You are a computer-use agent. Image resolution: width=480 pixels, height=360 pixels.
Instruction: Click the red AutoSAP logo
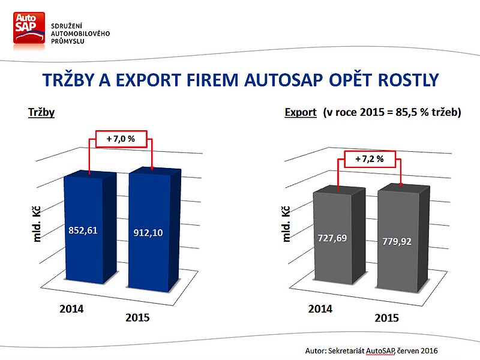pyautogui.click(x=29, y=28)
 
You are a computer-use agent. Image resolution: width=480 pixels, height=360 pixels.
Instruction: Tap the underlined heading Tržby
pyautogui.click(x=41, y=113)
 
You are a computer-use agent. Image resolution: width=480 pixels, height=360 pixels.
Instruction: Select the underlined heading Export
pyautogui.click(x=301, y=113)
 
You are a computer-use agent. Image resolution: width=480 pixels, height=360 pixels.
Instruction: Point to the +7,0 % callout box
pyautogui.click(x=121, y=139)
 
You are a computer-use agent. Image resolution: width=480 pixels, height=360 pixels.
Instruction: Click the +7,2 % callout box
pyautogui.click(x=370, y=159)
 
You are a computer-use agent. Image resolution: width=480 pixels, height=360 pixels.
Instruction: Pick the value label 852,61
pyautogui.click(x=83, y=230)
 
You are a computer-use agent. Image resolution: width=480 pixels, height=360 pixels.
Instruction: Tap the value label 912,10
pyautogui.click(x=148, y=233)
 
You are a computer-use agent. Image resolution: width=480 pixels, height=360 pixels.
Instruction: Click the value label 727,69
pyautogui.click(x=332, y=238)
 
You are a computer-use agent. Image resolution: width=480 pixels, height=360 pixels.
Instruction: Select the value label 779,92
pyautogui.click(x=397, y=242)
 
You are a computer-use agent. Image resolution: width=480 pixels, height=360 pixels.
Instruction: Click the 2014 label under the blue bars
pyautogui.click(x=71, y=309)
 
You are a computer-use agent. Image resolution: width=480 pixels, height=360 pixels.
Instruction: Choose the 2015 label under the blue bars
pyautogui.click(x=138, y=317)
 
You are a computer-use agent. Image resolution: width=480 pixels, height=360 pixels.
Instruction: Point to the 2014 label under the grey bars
pyautogui.click(x=320, y=309)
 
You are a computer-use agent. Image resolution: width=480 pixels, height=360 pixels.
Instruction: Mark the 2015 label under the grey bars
pyautogui.click(x=387, y=318)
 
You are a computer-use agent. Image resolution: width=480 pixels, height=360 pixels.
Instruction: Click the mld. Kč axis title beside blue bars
pyautogui.click(x=37, y=224)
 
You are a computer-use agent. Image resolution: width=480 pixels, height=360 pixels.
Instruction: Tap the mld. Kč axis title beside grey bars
pyautogui.click(x=286, y=224)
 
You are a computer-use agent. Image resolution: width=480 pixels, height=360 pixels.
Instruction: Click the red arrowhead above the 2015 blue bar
pyautogui.click(x=152, y=168)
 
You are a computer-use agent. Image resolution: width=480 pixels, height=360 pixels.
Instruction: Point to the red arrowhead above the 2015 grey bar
pyautogui.click(x=401, y=184)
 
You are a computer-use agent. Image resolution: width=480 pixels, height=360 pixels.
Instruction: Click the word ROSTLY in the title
pyautogui.click(x=409, y=80)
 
